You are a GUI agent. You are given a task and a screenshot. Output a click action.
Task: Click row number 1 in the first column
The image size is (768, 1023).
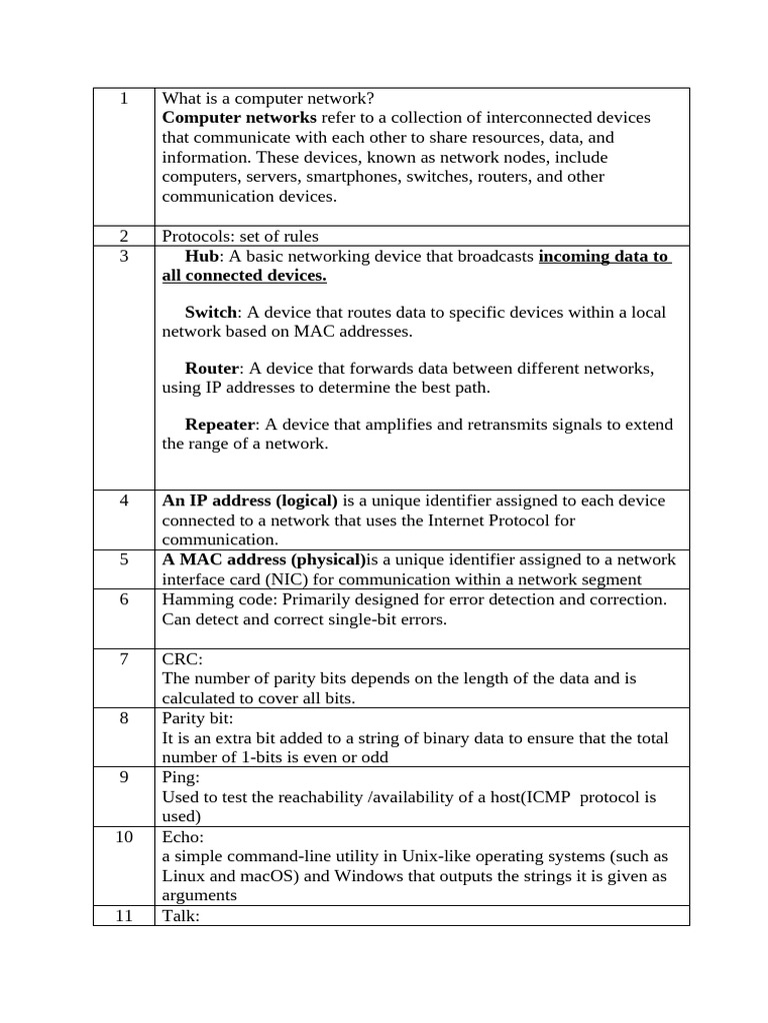click(124, 98)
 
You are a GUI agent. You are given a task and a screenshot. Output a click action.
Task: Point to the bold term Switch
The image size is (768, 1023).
click(211, 313)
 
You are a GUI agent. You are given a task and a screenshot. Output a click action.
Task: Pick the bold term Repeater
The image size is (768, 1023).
click(220, 425)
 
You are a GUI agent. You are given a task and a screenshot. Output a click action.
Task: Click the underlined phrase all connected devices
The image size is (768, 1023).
click(244, 276)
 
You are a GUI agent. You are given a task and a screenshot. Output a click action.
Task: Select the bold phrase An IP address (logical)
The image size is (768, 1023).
click(250, 501)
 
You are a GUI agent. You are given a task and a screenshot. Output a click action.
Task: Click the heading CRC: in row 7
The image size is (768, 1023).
click(181, 659)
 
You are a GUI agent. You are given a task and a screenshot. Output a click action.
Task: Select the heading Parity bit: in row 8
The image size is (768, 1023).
click(196, 718)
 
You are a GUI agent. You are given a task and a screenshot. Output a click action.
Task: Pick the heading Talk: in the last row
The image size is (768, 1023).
click(181, 916)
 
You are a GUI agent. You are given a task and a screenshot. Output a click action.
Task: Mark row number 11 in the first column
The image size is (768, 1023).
click(124, 916)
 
